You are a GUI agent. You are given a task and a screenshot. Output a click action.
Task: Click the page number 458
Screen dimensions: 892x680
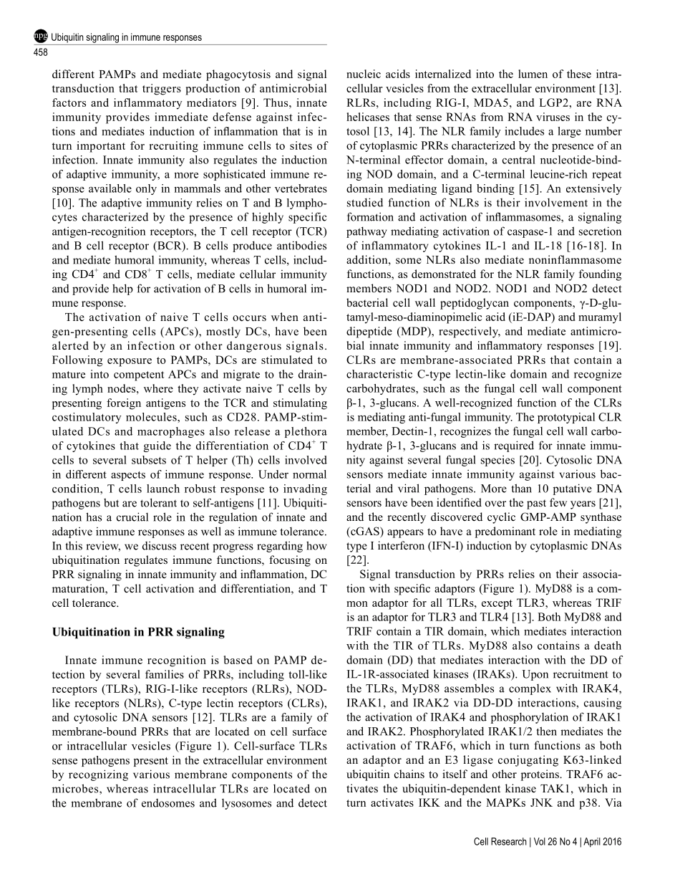click(x=41, y=52)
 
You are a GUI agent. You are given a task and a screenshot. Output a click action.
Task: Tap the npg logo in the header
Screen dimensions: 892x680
click(x=41, y=37)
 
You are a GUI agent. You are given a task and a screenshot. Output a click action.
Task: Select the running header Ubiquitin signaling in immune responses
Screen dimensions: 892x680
click(x=126, y=37)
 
